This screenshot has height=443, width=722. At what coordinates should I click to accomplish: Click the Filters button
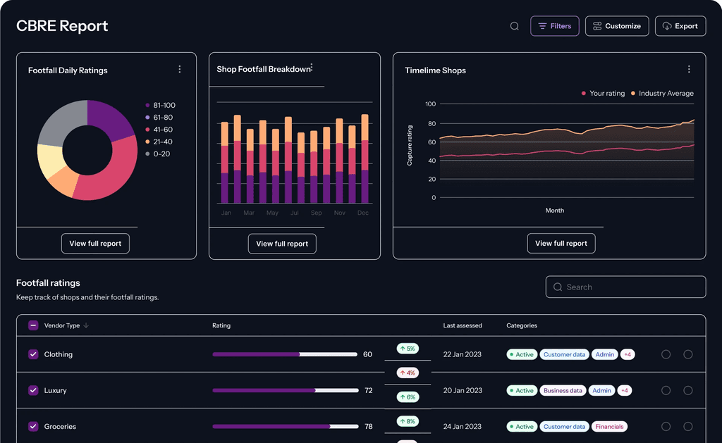554,26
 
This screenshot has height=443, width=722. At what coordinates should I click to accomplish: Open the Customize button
616,26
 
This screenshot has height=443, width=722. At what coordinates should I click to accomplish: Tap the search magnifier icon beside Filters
515,26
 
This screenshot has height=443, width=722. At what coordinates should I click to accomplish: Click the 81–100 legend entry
164,106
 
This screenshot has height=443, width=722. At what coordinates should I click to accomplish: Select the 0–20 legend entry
161,154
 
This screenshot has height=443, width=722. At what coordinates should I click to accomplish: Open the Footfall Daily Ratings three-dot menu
180,69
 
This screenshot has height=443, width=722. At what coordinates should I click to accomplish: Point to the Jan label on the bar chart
226,213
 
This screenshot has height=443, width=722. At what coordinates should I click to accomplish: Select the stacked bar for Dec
365,159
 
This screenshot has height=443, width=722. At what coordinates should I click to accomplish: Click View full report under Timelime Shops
561,244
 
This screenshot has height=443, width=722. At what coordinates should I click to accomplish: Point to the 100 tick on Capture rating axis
430,104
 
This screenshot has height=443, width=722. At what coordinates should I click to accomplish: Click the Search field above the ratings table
625,287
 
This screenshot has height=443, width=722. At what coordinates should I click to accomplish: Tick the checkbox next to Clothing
33,354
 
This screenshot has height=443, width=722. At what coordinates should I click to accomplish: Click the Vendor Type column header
62,325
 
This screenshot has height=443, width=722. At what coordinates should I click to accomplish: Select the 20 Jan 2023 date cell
463,390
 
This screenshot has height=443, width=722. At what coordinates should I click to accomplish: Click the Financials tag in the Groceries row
609,427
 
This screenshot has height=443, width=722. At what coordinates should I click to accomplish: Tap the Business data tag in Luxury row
563,390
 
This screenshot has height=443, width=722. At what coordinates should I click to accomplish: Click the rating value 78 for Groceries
368,427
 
